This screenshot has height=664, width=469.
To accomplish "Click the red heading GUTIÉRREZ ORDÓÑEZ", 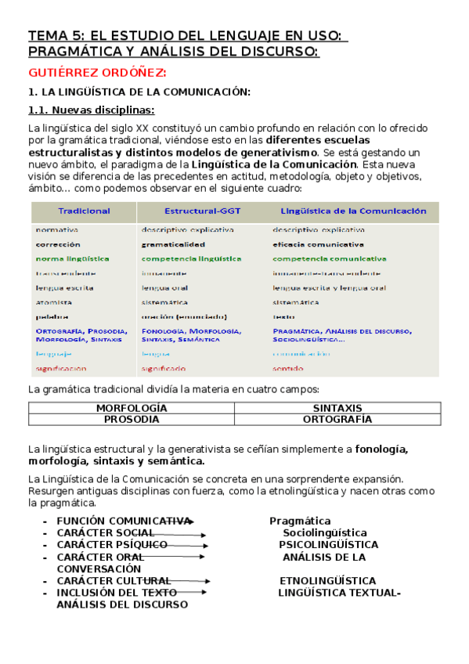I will click(97, 74).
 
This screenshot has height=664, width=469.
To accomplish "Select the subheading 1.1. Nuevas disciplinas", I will click(91, 110).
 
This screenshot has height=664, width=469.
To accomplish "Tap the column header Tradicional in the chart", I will click(85, 211).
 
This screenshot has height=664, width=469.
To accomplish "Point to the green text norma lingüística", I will click(72, 258).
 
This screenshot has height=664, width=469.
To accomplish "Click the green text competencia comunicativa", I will click(329, 258).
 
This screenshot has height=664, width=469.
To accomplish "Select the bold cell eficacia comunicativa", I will click(318, 244).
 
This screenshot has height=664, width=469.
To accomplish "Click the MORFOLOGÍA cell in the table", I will click(132, 409).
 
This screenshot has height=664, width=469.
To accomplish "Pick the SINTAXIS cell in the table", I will click(337, 409).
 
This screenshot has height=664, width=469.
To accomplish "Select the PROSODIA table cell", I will click(132, 420).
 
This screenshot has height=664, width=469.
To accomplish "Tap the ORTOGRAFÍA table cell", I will click(337, 420).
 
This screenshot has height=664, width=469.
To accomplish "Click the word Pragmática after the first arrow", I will click(300, 521).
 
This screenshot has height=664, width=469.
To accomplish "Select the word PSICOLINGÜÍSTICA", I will click(328, 545).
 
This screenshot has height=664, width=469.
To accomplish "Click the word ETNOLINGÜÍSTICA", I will click(327, 581).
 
